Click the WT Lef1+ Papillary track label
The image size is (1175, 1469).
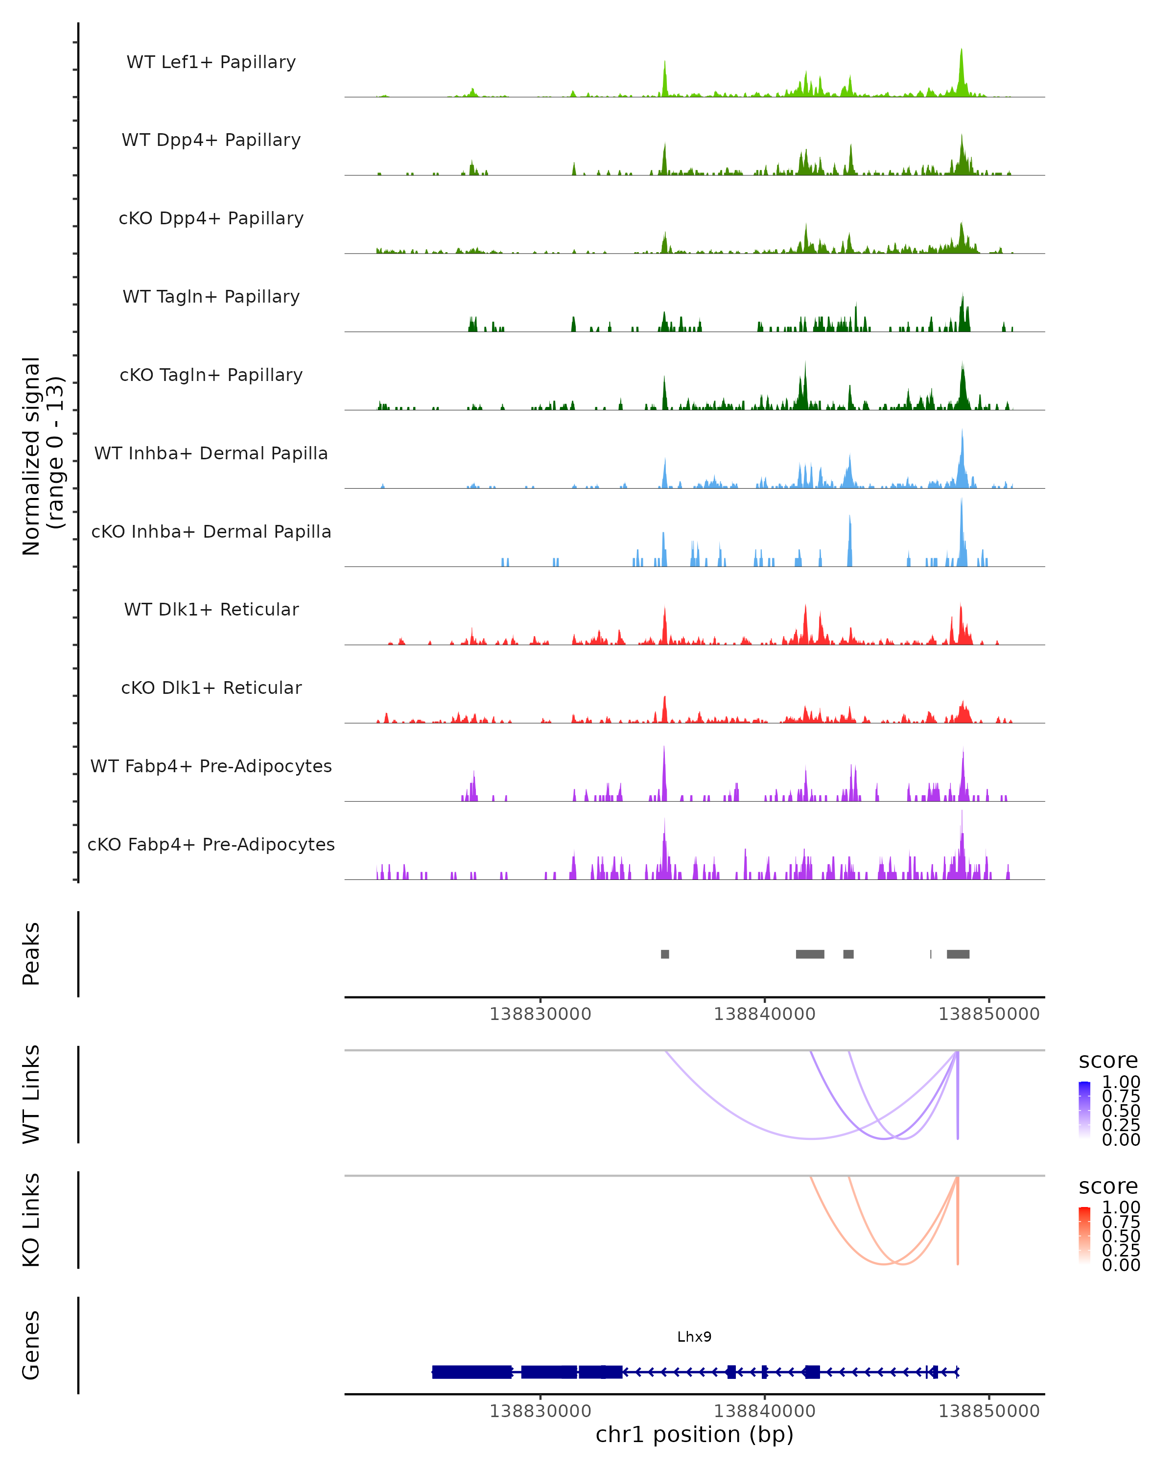(211, 62)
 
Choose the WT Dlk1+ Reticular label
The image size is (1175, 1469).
(211, 609)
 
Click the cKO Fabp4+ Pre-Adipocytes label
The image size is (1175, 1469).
(211, 844)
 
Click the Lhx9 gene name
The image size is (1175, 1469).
(694, 1337)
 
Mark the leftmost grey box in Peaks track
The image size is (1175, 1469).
(665, 954)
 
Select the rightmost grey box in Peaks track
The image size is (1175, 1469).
(958, 954)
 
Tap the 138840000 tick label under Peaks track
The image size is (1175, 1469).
(764, 1014)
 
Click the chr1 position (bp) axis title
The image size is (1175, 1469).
(694, 1434)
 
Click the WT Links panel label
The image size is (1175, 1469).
(31, 1094)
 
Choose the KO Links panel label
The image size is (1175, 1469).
(31, 1220)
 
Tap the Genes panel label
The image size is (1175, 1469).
(31, 1345)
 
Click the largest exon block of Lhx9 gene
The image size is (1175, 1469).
(472, 1372)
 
